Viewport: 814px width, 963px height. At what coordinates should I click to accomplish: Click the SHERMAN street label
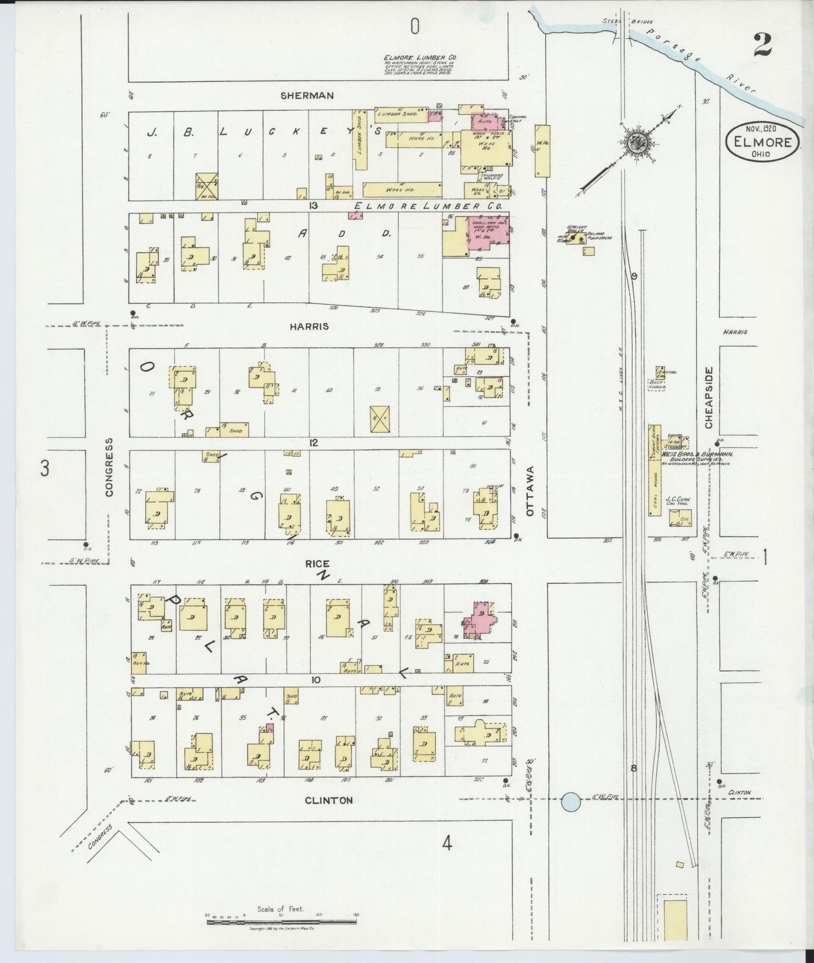[308, 96]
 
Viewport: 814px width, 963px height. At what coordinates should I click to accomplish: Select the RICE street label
[317, 564]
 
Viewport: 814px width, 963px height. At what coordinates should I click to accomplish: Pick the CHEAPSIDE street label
[709, 398]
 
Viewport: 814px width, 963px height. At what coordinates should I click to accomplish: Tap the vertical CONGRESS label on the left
[109, 467]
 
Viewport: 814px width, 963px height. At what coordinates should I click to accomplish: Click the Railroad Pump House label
[599, 235]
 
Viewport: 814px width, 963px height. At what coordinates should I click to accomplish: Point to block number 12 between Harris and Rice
[314, 443]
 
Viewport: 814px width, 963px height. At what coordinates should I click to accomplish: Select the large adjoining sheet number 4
[447, 843]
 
